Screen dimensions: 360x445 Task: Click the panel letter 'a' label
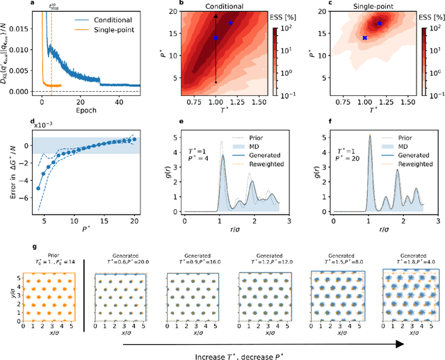point(33,3)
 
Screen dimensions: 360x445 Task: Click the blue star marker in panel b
point(232,23)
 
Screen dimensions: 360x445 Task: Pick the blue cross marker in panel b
point(216,38)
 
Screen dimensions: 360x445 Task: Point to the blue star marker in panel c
point(380,23)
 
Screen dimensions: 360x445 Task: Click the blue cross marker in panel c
point(364,38)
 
